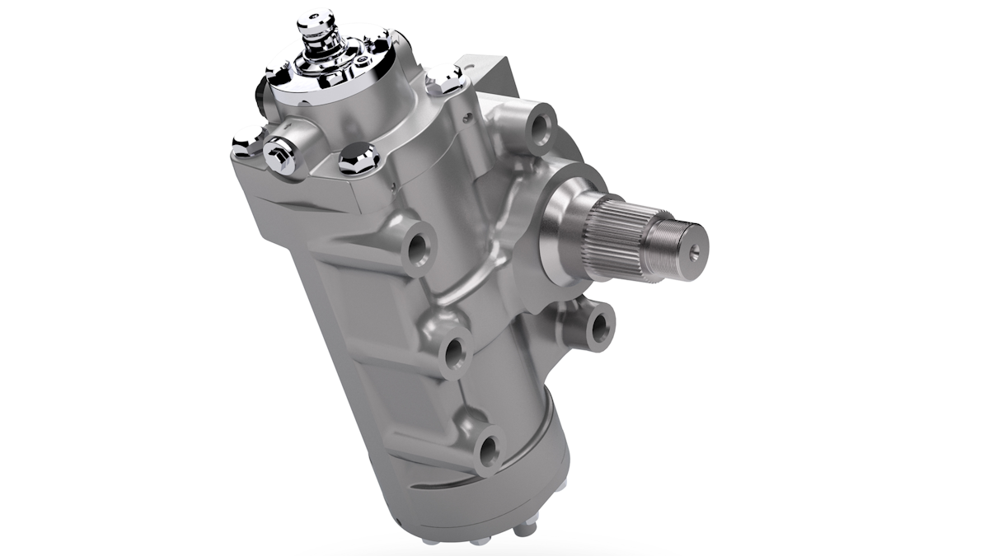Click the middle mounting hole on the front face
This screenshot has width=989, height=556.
(x=453, y=355)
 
